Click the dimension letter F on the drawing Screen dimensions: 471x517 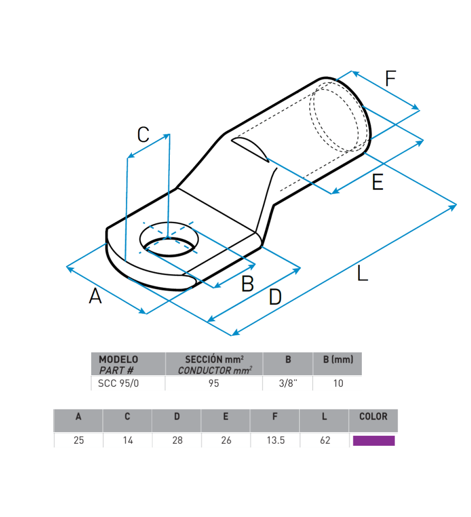[x=390, y=79]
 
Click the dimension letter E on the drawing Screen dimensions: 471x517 [x=378, y=182]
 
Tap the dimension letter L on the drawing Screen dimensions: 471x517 [x=362, y=274]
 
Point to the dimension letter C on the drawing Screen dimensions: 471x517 [x=143, y=134]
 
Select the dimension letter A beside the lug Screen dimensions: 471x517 [x=95, y=296]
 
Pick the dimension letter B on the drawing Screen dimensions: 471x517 [x=247, y=284]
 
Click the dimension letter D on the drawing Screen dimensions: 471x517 [x=275, y=297]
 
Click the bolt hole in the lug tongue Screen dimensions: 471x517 [x=169, y=239]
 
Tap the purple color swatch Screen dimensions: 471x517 [x=373, y=441]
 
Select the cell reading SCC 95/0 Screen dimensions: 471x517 [x=119, y=384]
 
